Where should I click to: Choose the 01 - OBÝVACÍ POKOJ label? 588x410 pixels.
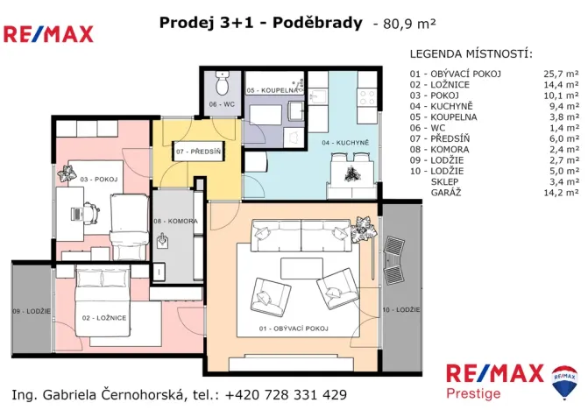pyautogui.click(x=294, y=328)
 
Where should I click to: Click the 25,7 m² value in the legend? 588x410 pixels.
pyautogui.click(x=561, y=74)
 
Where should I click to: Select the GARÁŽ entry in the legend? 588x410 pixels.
pyautogui.click(x=443, y=191)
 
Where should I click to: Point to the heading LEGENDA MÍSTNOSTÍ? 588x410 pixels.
pyautogui.click(x=471, y=53)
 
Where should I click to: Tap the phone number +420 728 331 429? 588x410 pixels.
pyautogui.click(x=286, y=394)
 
